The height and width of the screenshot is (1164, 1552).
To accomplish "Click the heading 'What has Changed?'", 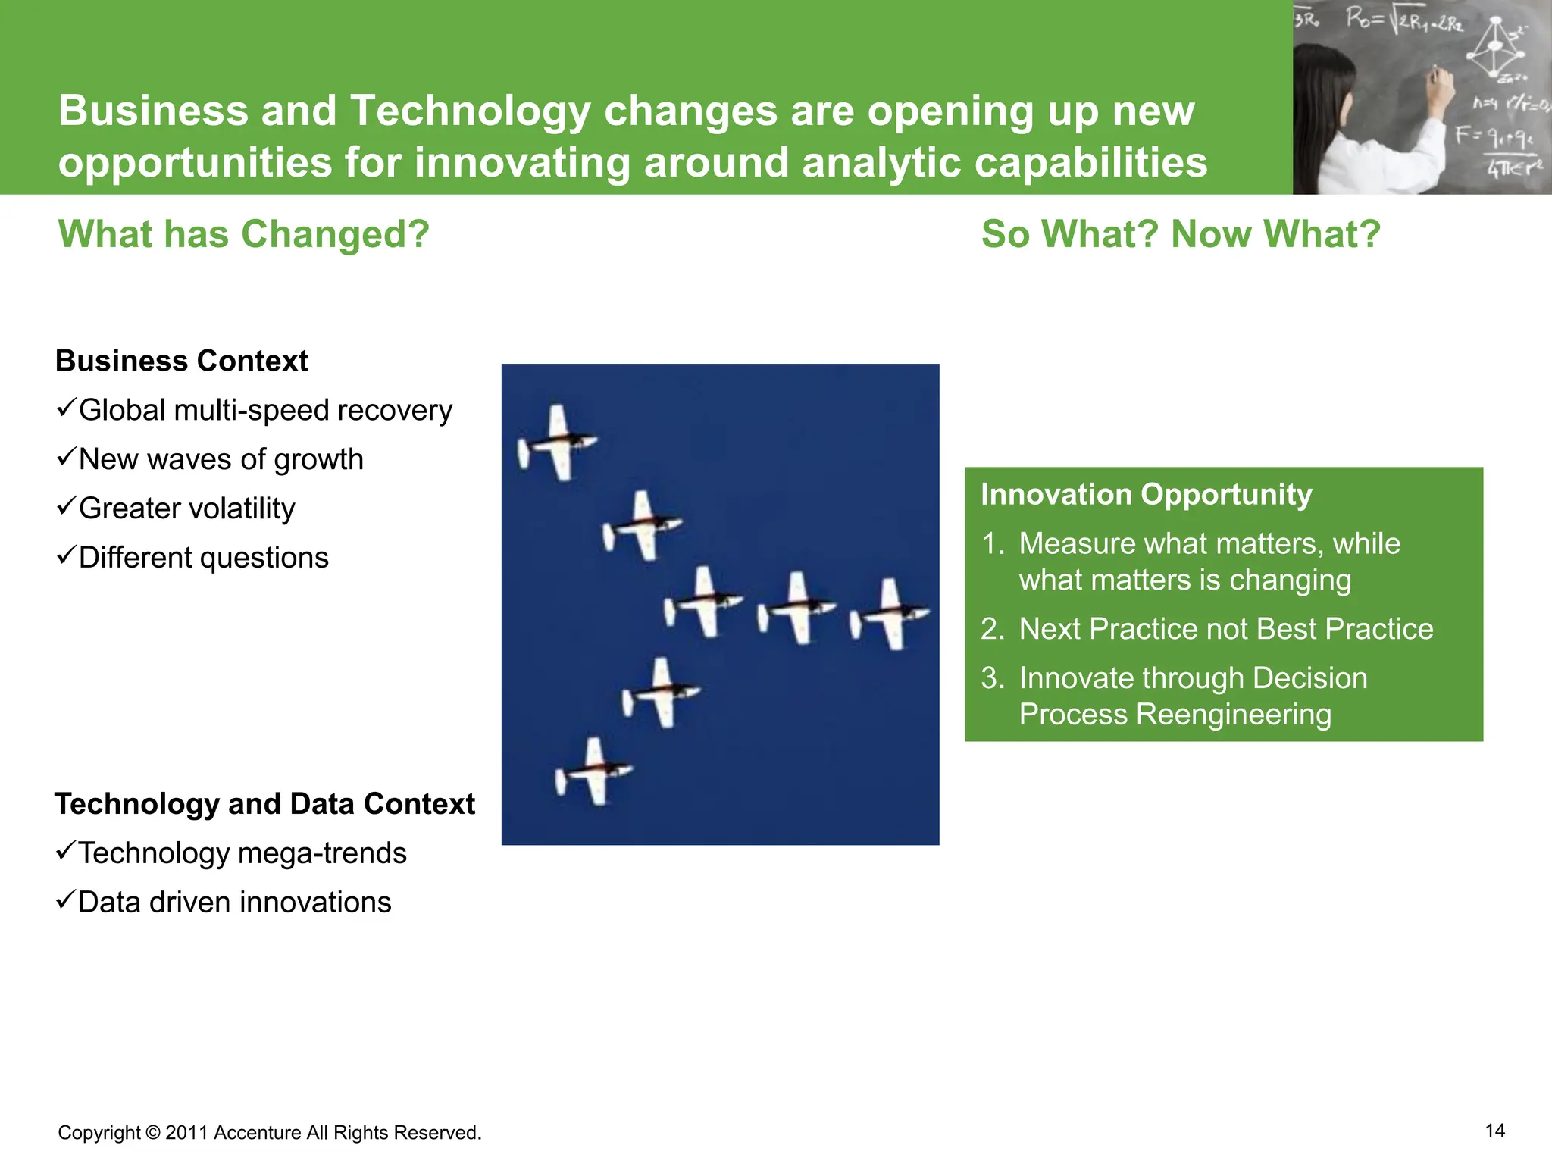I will [243, 234].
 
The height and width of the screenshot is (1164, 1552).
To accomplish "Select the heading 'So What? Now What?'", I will [1180, 234].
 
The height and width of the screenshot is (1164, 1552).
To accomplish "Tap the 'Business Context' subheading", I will [182, 361].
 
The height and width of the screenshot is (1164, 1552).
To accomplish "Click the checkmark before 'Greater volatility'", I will [66, 506].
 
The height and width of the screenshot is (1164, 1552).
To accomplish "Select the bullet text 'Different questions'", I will [203, 558].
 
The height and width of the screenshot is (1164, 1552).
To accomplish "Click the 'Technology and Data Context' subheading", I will [264, 804].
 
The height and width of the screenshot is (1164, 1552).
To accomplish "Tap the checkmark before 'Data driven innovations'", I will [65, 900].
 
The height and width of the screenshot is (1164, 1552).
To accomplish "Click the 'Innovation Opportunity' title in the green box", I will [1146, 495].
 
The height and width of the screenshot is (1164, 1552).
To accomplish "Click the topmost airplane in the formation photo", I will [559, 443].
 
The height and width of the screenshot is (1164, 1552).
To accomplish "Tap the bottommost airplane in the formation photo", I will [595, 772].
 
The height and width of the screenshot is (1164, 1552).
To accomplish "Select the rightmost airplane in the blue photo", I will [891, 614].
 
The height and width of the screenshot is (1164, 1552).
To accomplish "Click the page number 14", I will [1494, 1131].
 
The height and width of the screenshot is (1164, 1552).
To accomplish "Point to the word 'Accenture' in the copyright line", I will [258, 1133].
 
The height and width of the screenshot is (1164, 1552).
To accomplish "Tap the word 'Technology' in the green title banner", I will [470, 111].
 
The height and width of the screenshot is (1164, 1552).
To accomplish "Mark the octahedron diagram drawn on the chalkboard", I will [1495, 47].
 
